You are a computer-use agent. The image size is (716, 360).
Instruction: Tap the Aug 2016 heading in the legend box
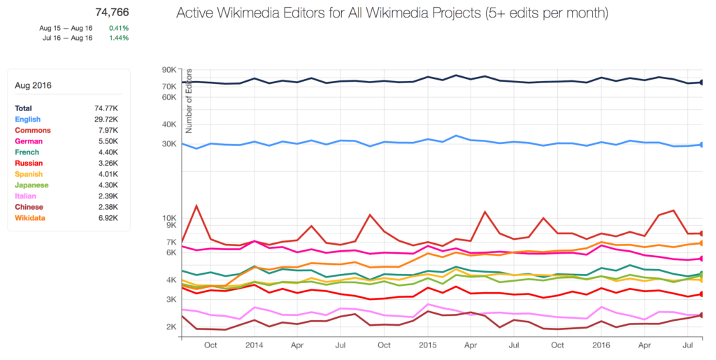point(33,86)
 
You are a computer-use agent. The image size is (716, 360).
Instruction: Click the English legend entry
point(27,120)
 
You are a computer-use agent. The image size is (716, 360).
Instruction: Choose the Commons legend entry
point(31,131)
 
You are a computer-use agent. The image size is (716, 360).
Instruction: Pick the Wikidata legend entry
point(30,218)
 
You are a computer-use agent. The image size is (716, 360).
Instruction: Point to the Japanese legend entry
point(31,185)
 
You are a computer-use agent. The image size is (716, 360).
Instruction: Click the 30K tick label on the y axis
point(170,144)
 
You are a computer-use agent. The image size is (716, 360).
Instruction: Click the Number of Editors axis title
point(189,101)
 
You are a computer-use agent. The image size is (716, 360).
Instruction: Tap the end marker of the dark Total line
point(701,82)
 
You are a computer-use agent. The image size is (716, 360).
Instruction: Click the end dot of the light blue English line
point(701,145)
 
